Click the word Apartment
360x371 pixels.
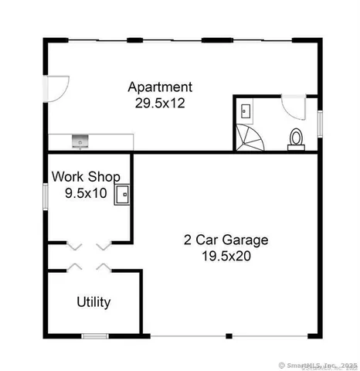click(160, 87)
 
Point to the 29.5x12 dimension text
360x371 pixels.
click(160, 101)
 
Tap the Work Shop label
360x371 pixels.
click(85, 176)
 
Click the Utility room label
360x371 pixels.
click(93, 302)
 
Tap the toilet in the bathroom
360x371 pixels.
click(295, 138)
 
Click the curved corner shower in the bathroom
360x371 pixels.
click(250, 138)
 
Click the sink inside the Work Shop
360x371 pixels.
click(122, 194)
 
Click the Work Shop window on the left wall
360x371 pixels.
click(46, 194)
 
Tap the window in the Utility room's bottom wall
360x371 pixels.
click(95, 335)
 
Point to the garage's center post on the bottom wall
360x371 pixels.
click(229, 335)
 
